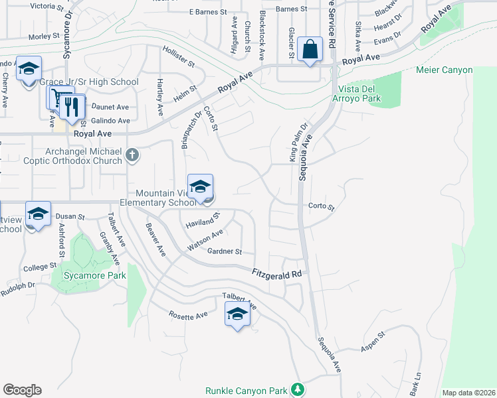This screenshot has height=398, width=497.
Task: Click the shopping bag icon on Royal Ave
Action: click(x=310, y=49)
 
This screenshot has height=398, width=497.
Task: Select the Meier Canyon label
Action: click(x=444, y=70)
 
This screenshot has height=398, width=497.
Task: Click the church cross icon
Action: click(x=132, y=155)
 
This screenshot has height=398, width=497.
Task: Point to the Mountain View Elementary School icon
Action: click(x=200, y=187)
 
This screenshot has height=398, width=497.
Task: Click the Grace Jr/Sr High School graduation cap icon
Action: click(x=29, y=69)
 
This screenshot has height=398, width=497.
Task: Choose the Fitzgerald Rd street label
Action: click(x=277, y=273)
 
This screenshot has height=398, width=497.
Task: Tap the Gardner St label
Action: click(x=225, y=252)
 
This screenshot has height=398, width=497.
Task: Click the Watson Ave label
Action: click(x=205, y=237)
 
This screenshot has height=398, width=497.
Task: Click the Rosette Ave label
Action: click(x=188, y=315)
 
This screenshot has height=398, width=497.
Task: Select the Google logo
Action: click(x=22, y=390)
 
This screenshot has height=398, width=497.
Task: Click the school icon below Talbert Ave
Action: click(x=237, y=314)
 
